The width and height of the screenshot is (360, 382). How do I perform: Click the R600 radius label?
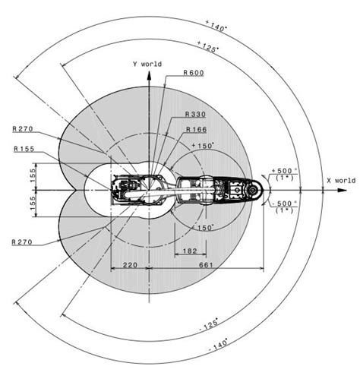tap(194, 73)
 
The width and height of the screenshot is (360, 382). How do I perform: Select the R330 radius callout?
tap(195, 115)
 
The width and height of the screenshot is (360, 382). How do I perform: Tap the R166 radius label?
tap(197, 130)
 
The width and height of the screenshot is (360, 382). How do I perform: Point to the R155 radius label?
tap(24, 149)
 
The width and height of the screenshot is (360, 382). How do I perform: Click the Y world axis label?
tap(147, 64)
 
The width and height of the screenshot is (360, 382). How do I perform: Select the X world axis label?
tap(341, 181)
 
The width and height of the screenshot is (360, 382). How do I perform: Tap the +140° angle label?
tap(216, 26)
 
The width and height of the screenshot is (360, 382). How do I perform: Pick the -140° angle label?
tap(218, 345)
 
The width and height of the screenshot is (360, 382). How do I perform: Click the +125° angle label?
tap(208, 47)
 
